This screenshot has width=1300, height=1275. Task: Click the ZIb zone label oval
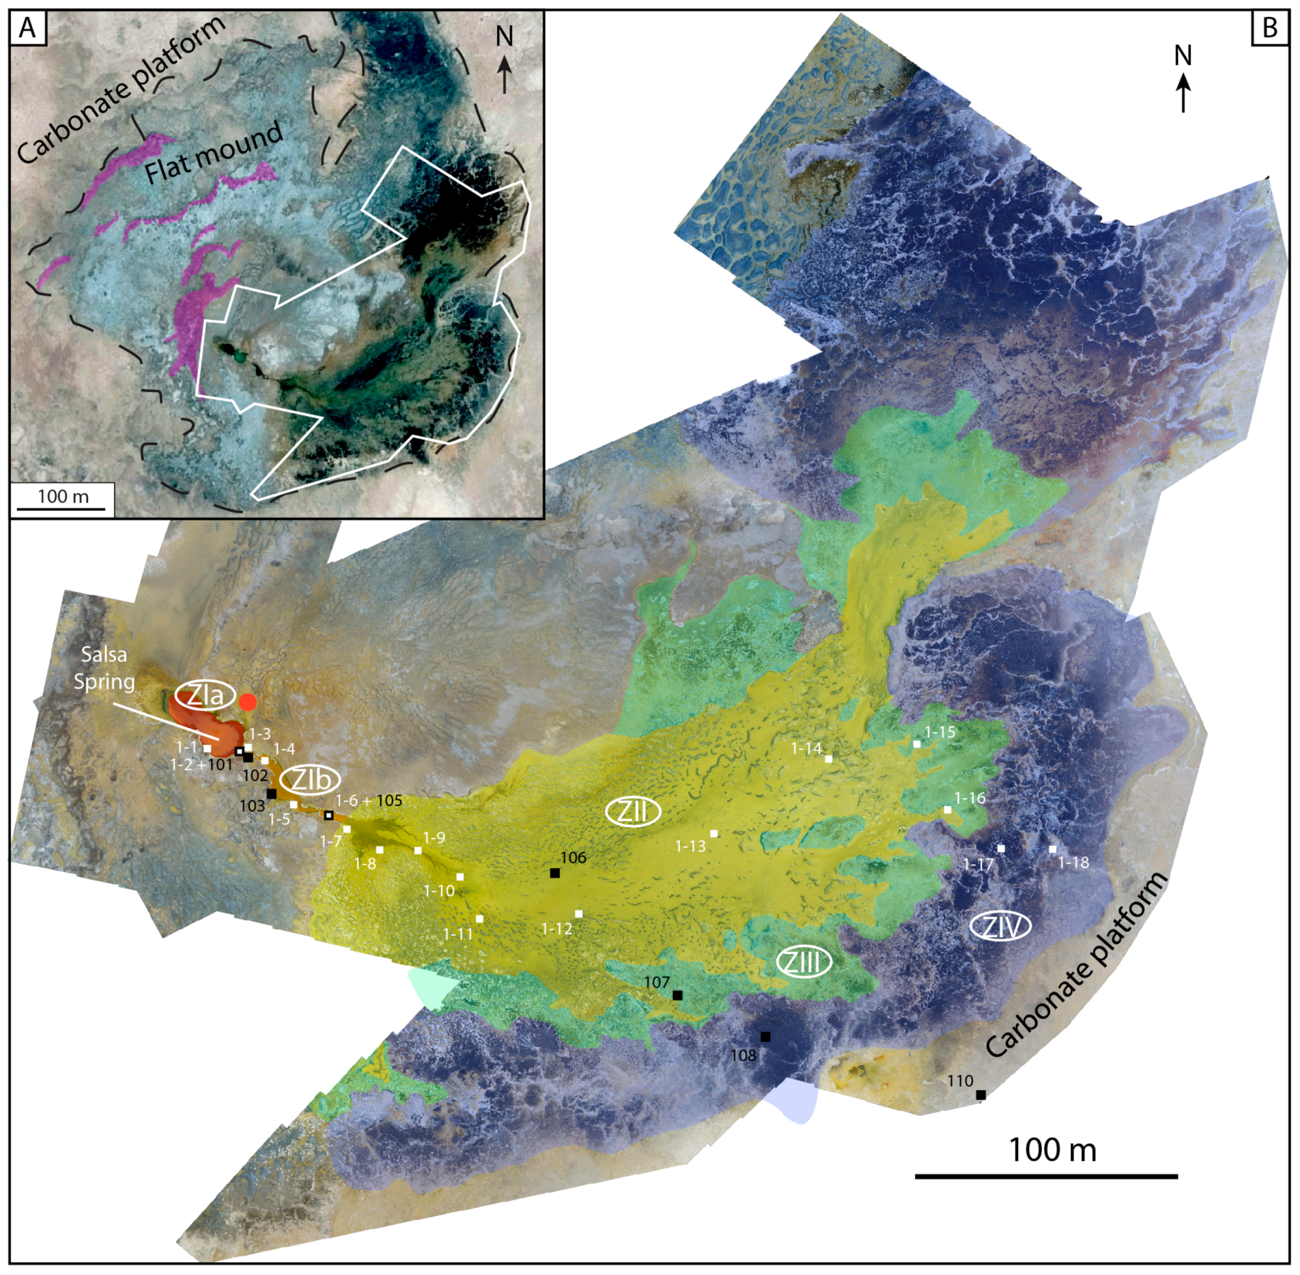[x=309, y=779]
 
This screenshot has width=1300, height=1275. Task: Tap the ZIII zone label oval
[x=804, y=963]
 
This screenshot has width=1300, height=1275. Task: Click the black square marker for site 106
[x=555, y=873]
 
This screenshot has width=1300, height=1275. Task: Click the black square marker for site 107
[x=677, y=996]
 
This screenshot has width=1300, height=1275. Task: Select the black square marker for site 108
[x=766, y=1037]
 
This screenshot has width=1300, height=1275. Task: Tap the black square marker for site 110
[x=980, y=1095]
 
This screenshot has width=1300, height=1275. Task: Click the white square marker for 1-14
[x=829, y=759]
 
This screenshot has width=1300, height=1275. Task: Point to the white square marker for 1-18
[x=1052, y=849]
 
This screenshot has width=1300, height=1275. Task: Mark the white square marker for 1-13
[x=714, y=833]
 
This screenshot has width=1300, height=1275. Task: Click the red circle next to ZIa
[x=248, y=702]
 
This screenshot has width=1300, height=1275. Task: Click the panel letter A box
[x=27, y=27]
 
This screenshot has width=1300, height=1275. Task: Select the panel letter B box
[x=1269, y=27]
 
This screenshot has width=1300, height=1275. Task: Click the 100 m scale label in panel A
[x=63, y=496]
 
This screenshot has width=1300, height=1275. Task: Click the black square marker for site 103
[x=271, y=794]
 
